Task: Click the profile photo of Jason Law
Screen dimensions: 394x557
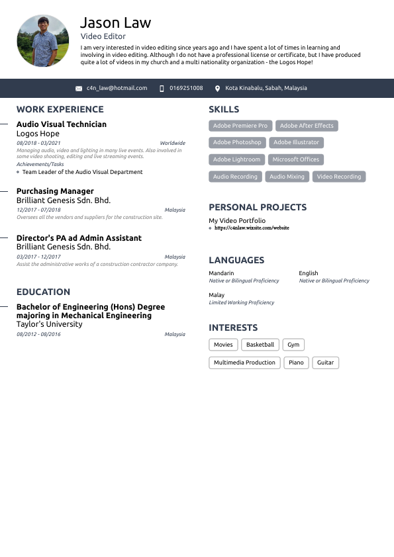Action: (43, 41)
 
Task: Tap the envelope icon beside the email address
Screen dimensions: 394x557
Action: (79, 88)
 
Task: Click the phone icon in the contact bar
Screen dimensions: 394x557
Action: (162, 88)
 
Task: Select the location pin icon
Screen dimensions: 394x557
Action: (217, 88)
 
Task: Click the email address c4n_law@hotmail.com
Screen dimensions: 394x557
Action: (117, 88)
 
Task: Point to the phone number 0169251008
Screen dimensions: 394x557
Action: (186, 88)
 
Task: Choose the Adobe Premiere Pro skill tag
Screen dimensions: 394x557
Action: (240, 126)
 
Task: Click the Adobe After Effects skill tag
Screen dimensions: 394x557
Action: (307, 126)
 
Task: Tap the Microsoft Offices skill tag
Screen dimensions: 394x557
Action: (296, 159)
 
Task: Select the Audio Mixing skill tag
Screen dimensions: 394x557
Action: (287, 177)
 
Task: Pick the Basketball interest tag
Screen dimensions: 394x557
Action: (260, 345)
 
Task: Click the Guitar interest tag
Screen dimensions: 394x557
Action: (325, 363)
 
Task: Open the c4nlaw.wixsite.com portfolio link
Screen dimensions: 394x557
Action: (252, 228)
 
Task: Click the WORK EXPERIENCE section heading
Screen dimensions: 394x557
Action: (60, 110)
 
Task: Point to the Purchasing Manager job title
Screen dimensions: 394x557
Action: (55, 191)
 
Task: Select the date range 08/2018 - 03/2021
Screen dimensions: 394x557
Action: (38, 143)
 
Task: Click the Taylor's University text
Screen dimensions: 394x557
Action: (49, 324)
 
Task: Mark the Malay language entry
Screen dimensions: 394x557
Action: (217, 295)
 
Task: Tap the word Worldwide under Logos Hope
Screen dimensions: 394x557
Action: (172, 143)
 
